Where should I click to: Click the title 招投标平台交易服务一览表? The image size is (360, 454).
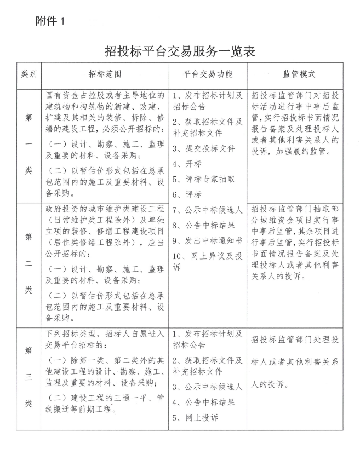[180, 51]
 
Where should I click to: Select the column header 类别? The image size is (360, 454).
[28, 73]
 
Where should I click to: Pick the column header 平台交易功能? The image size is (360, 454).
[207, 73]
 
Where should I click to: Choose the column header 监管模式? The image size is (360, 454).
[299, 73]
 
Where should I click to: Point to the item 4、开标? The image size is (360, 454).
[187, 164]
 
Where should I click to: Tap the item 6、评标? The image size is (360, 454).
[187, 194]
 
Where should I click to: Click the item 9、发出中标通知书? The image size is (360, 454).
[207, 239]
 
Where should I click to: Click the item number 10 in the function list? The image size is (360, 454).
[178, 254]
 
